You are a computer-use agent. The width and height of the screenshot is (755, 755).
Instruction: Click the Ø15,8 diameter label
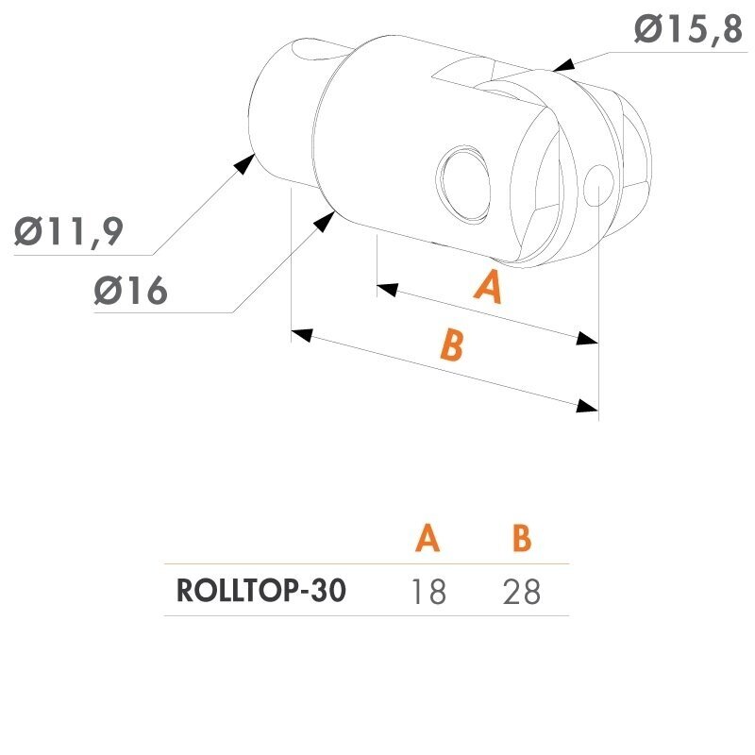689,29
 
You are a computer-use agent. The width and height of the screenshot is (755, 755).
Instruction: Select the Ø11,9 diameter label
69,232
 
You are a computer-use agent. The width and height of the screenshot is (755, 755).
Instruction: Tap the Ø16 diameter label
130,291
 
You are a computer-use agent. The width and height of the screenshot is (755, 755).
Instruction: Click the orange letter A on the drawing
489,287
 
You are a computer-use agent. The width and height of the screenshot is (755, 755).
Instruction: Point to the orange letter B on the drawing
452,344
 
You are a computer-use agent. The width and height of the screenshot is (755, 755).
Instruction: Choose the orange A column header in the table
428,537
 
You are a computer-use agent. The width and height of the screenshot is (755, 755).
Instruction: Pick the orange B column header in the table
522,537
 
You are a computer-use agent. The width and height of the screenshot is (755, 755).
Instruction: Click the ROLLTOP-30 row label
261,591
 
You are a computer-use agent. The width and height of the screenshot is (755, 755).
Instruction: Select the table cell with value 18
428,592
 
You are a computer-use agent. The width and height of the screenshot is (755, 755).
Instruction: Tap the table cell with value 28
522,592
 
